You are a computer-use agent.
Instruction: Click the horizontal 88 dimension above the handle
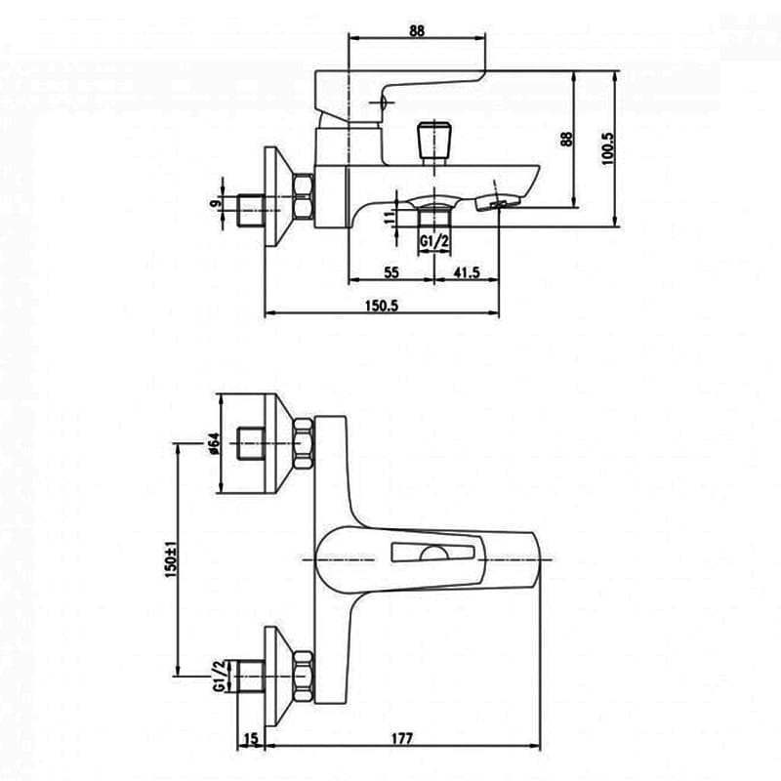[x=417, y=31]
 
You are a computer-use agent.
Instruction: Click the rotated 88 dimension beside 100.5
[x=567, y=139]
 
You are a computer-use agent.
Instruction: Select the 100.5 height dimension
[x=608, y=148]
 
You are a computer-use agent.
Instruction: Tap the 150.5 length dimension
[x=382, y=306]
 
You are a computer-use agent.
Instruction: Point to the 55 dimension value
[x=391, y=272]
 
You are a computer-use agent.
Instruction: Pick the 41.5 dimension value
[x=467, y=272]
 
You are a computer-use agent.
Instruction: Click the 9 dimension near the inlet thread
[x=215, y=203]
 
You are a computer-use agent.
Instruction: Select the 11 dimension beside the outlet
[x=390, y=216]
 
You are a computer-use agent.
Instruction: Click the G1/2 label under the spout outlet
[x=434, y=241]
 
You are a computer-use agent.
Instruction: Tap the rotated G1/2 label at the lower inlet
[x=219, y=676]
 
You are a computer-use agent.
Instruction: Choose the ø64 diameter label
[x=214, y=443]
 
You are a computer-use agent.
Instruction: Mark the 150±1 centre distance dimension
[x=171, y=558]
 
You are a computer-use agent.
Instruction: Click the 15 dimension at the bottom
[x=252, y=739]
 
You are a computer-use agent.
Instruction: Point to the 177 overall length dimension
[x=402, y=738]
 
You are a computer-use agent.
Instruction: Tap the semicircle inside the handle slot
[x=433, y=553]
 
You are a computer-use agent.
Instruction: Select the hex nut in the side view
[x=304, y=196]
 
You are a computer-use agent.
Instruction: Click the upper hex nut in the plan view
[x=303, y=444]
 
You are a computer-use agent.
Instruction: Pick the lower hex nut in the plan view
[x=303, y=677]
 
